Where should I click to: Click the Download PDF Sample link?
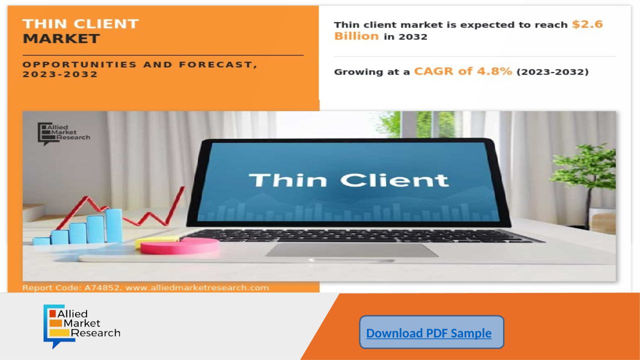click(x=429, y=333)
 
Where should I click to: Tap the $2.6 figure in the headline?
click(x=587, y=24)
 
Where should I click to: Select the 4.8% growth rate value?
click(x=494, y=71)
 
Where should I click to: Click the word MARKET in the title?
click(x=61, y=38)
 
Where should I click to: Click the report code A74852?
click(x=101, y=287)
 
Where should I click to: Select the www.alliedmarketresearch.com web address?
click(x=197, y=287)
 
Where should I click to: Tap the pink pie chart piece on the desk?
click(x=179, y=246)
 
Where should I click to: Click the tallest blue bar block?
click(x=113, y=225)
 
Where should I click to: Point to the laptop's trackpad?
click(x=351, y=250)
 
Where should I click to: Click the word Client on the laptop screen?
click(x=394, y=180)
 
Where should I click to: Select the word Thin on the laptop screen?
click(x=287, y=180)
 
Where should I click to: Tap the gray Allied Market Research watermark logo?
click(x=63, y=133)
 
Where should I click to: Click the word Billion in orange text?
click(x=356, y=36)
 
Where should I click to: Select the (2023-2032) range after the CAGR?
click(x=552, y=71)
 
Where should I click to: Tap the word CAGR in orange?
click(x=433, y=71)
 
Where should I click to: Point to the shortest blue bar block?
click(x=41, y=241)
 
